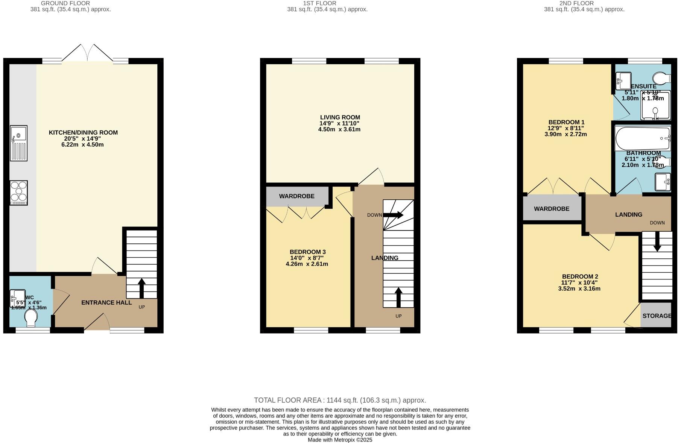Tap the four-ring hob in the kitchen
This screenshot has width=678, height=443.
19,193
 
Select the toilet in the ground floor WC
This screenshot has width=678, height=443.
30,318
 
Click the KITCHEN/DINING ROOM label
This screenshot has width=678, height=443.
83,132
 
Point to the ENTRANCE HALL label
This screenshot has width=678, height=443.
106,302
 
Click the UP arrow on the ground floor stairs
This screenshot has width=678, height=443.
142,288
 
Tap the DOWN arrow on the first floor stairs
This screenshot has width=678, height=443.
394,215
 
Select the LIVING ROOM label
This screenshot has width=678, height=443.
340,117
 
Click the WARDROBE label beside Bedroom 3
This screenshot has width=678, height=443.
296,196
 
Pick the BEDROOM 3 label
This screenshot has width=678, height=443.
307,252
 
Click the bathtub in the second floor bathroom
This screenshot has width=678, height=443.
642,138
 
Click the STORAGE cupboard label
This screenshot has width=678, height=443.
657,316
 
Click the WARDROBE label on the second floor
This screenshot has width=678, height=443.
552,209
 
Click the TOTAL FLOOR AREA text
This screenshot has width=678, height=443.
340,400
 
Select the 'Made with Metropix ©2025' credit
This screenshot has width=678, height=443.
340,440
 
